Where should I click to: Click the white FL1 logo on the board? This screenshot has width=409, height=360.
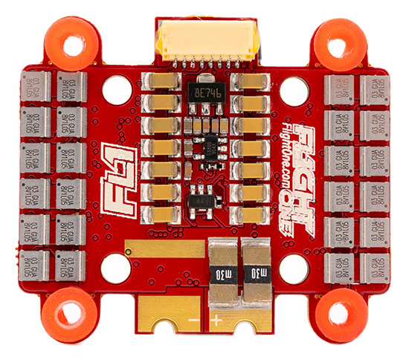pos(116,158)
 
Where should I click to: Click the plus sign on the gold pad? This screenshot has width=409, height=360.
pos(217,321)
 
